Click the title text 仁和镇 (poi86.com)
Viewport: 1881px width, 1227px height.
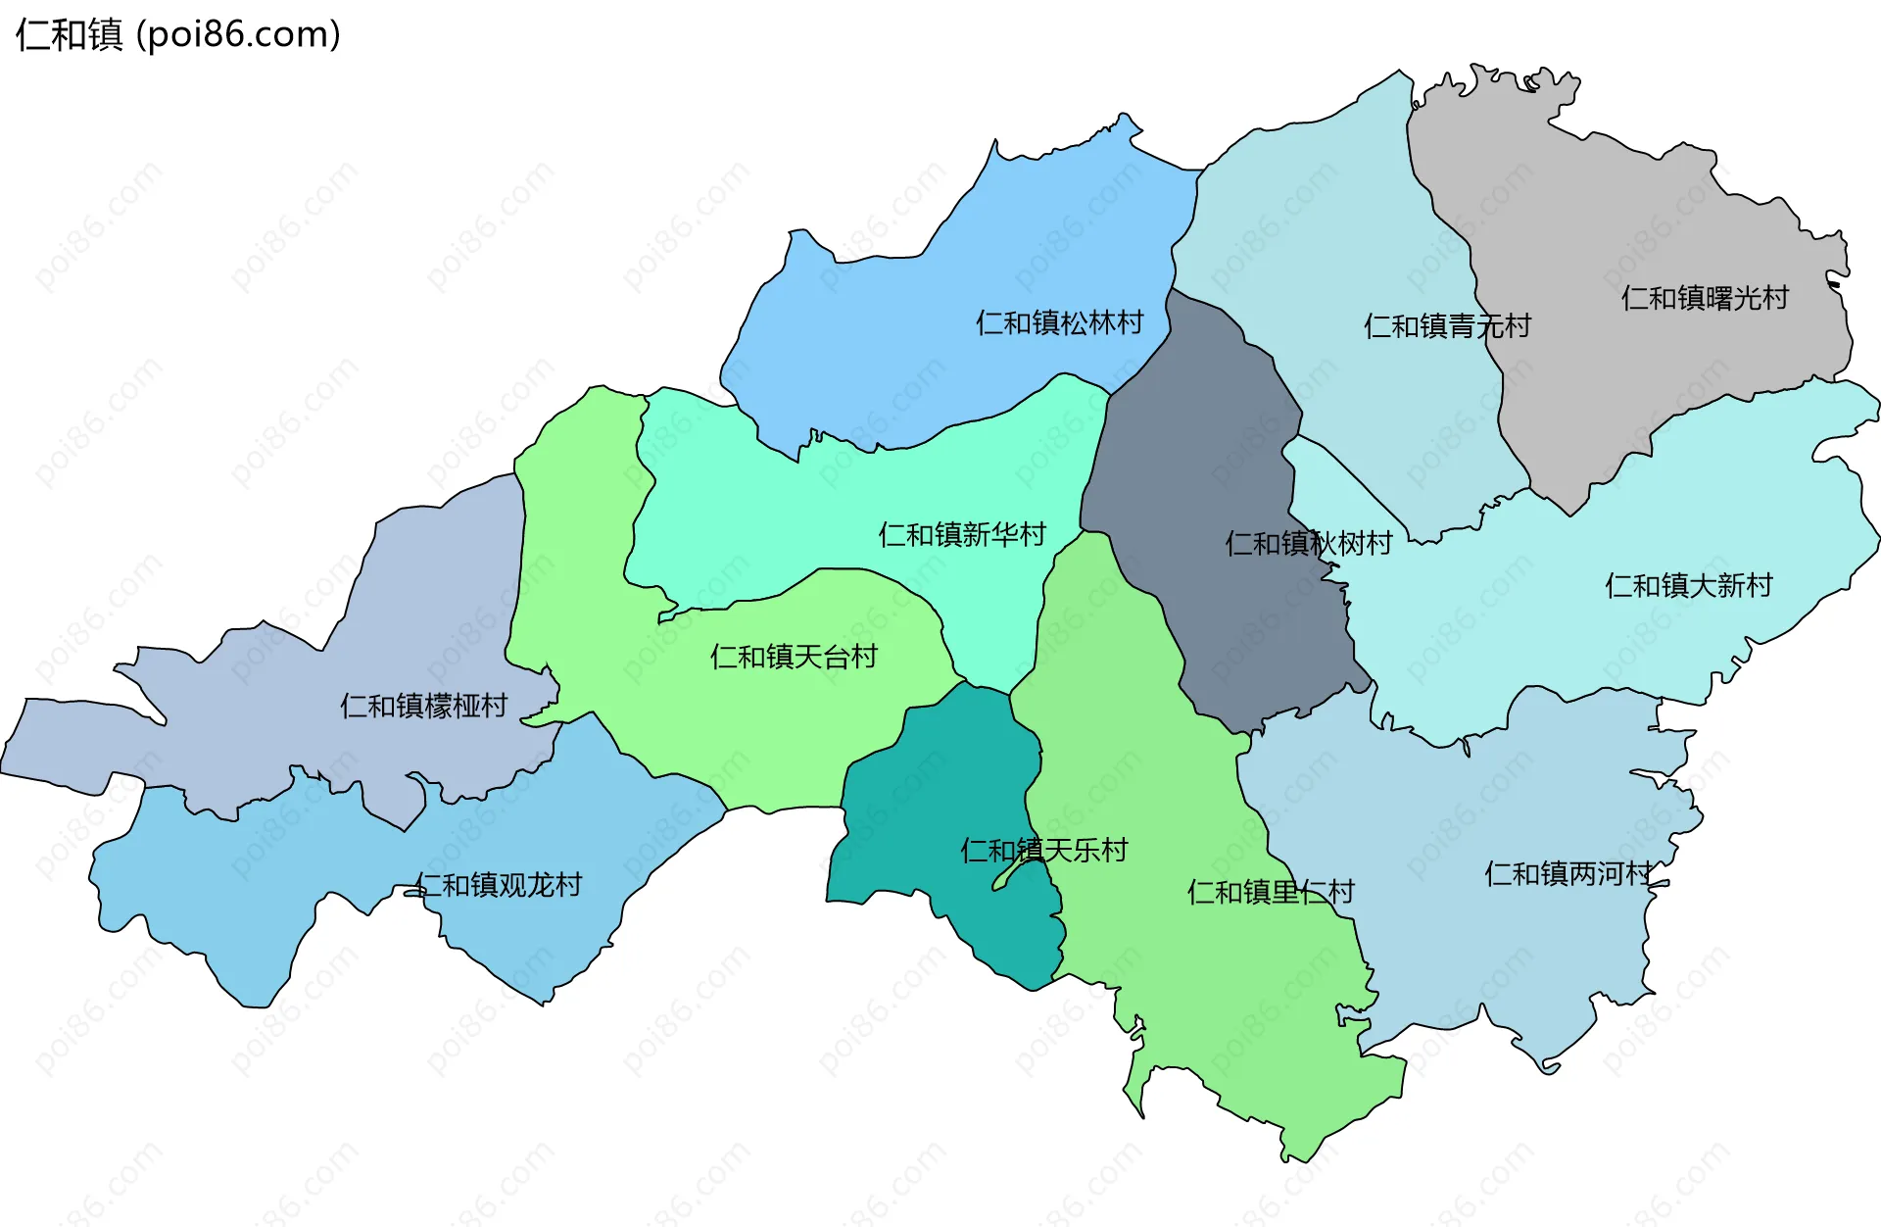coord(177,34)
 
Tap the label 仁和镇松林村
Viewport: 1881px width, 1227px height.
coord(1059,322)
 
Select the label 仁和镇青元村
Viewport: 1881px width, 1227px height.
coord(1447,325)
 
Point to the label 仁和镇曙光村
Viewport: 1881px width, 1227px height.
coord(1705,297)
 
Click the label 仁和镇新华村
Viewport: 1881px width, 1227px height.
coord(962,534)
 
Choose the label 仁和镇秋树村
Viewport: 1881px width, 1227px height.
coord(1308,543)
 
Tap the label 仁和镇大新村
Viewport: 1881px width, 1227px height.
coord(1688,585)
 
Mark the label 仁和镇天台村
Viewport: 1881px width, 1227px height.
coord(794,657)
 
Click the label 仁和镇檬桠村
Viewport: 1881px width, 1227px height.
coord(423,706)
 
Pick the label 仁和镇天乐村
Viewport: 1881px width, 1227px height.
coord(1043,850)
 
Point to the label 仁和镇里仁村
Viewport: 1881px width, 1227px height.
coord(1270,892)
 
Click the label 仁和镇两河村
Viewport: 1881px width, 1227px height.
coord(1567,873)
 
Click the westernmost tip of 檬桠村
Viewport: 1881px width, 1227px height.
coord(3,770)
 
